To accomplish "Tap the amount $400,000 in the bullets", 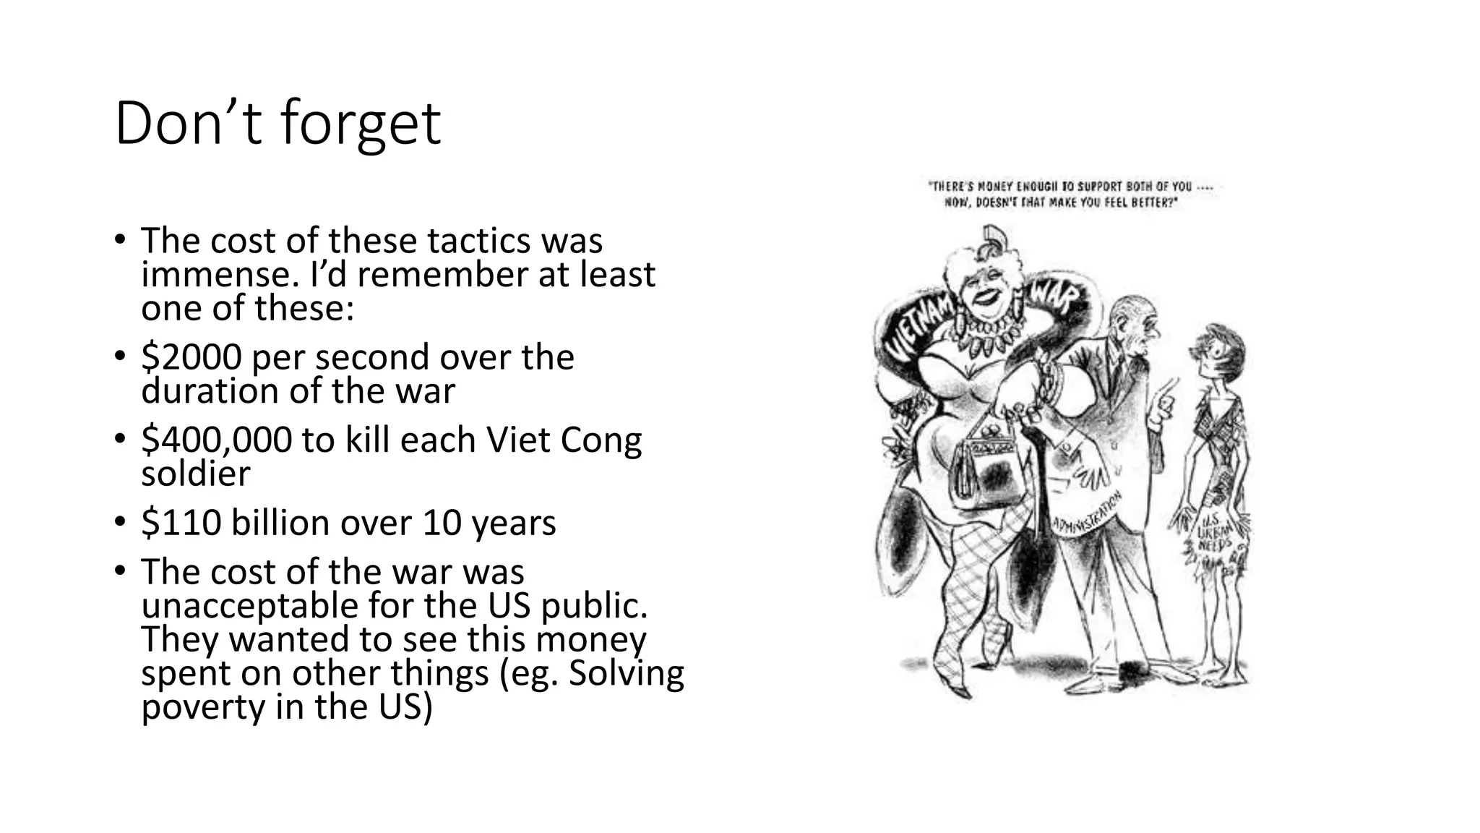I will click(216, 440).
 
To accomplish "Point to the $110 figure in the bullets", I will click(181, 523).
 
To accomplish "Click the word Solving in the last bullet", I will click(626, 673).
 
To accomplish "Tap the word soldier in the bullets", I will click(195, 474).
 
